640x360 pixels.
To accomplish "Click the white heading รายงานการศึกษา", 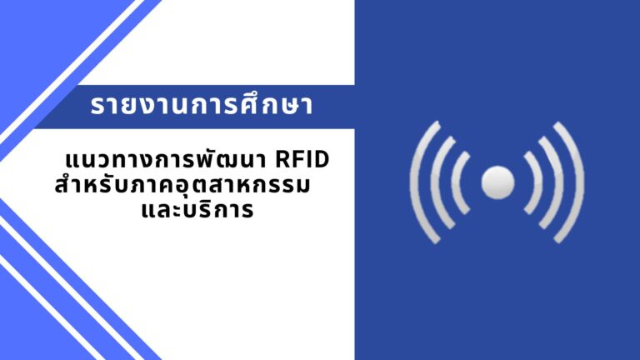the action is tap(202, 105).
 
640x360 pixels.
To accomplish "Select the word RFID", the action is tap(302, 160).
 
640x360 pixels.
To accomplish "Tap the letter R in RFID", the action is tap(282, 160).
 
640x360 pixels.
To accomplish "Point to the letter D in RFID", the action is tap(322, 160).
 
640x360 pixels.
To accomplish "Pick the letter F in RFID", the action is tap(298, 160).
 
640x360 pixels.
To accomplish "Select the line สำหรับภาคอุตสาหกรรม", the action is tap(182, 185).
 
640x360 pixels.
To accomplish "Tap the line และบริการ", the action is tap(197, 210).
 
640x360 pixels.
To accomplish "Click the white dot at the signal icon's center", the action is tap(498, 182).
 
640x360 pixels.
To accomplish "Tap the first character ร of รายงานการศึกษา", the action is tap(97, 106).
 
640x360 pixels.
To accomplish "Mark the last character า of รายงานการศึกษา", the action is tap(307, 106).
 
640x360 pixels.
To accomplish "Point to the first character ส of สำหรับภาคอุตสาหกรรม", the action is tap(62, 186).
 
